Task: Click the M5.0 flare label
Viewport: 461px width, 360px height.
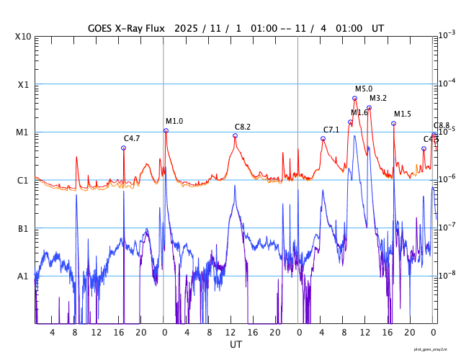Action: coord(364,89)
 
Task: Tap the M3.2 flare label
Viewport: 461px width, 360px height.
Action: coord(378,98)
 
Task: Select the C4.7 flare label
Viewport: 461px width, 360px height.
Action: coord(132,138)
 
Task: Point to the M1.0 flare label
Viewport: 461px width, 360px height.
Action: coord(174,121)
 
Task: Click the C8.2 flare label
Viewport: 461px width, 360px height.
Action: coord(243,127)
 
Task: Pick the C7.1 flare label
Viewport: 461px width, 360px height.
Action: coord(331,130)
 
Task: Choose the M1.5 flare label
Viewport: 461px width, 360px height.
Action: coord(403,114)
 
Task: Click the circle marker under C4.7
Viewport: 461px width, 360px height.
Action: coord(123,148)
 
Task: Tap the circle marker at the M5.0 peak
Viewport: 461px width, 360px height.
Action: coord(354,98)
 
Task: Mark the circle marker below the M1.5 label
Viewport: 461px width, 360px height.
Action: coord(393,123)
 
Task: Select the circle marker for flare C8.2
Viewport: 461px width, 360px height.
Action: coord(235,135)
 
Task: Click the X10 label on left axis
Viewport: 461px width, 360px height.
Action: coord(23,37)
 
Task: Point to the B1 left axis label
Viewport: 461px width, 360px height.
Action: coord(23,229)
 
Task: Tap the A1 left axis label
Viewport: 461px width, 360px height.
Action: coord(23,276)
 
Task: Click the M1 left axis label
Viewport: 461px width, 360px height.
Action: coord(23,132)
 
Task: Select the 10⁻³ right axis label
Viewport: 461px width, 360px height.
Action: coord(447,35)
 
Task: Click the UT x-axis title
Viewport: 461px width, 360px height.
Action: coord(236,345)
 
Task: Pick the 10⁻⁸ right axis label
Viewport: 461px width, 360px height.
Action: coord(447,274)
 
